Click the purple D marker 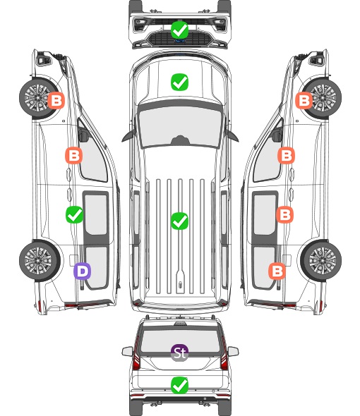point(82,271)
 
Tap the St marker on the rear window point(179,353)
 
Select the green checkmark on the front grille point(179,30)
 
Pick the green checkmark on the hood point(179,82)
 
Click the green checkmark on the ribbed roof point(179,221)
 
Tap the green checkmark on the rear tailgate point(179,385)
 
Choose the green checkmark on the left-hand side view point(74,214)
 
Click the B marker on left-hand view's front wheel point(56,100)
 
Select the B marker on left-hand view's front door point(74,155)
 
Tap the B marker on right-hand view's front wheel point(304,100)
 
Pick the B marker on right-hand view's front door point(286,155)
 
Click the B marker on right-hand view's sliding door point(284,214)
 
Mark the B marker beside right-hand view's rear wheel point(277,271)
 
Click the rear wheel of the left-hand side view point(40,261)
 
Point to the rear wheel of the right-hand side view point(321,261)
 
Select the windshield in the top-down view point(180,127)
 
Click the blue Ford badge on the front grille point(180,41)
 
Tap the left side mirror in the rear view point(127,351)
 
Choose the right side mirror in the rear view point(233,351)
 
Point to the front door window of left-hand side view point(93,157)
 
